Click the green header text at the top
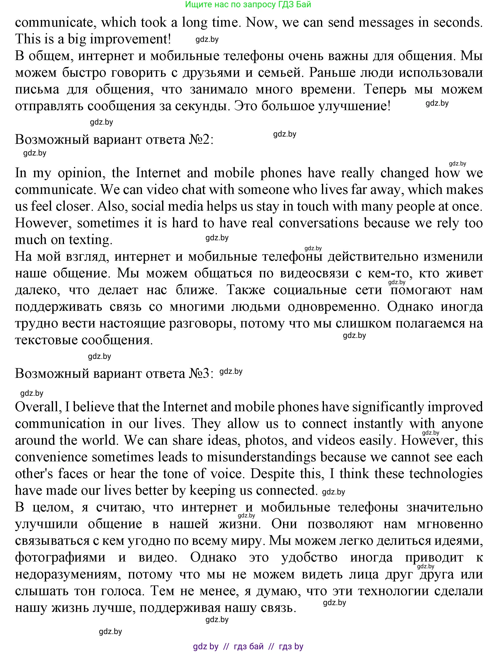point(248,4)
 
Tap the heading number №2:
point(201,139)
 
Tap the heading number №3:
point(201,373)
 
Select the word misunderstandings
point(261,457)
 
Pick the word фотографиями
point(60,557)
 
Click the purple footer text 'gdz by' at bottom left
point(206,646)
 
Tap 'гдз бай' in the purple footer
point(248,646)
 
